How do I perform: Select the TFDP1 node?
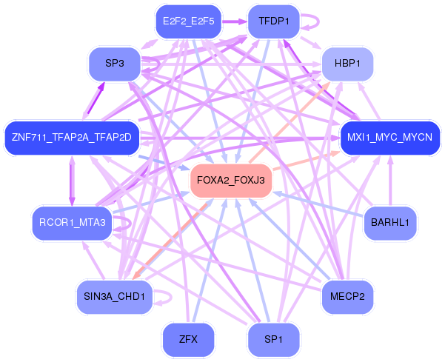tap(273, 21)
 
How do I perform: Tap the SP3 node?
tap(114, 64)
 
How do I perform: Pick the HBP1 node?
tap(347, 64)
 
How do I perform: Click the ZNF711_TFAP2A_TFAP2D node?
tap(71, 138)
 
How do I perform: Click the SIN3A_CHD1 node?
tap(114, 296)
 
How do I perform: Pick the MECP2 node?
tap(347, 296)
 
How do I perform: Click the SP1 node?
tap(273, 340)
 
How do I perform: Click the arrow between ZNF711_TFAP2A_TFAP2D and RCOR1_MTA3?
tap(72, 180)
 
